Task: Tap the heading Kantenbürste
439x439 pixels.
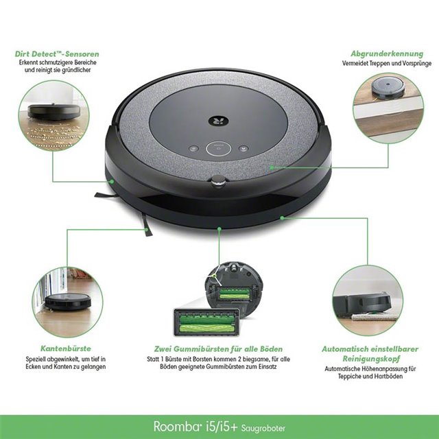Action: click(x=67, y=348)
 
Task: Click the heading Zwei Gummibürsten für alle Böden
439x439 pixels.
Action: click(x=219, y=348)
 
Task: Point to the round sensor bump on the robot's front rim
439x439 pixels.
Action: click(x=217, y=180)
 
